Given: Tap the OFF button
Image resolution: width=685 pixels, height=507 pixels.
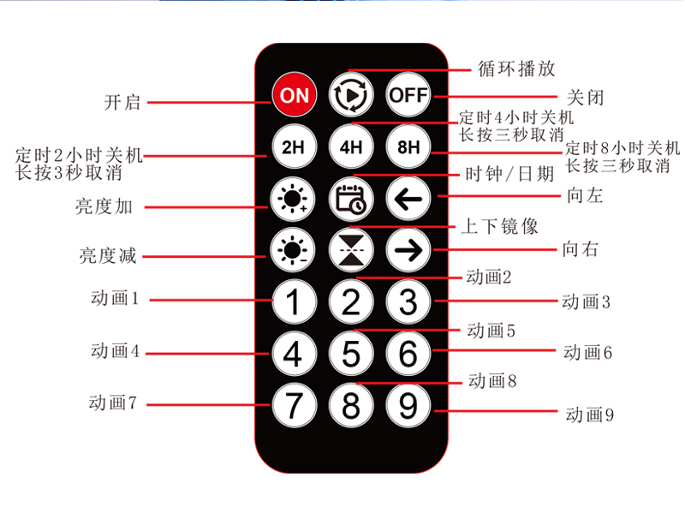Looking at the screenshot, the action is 408,94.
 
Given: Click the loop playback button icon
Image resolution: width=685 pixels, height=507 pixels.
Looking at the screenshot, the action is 351,94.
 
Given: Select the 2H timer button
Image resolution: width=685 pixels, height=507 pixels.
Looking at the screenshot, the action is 294,146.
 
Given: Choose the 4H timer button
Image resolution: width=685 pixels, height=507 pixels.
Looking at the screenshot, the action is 351,146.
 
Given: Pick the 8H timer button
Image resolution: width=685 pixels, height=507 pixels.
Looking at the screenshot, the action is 408,146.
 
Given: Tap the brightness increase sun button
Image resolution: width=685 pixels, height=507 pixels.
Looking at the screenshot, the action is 293,199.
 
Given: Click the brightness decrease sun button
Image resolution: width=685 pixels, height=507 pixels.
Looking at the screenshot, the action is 293,250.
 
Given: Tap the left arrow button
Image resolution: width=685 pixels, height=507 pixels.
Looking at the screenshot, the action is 408,199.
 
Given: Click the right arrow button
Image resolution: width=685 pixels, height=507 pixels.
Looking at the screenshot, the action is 408,250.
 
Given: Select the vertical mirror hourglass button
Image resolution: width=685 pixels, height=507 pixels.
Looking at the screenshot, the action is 351,250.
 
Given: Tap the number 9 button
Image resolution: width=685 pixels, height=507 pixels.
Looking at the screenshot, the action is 408,405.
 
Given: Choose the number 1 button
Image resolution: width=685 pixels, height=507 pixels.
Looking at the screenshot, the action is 294,301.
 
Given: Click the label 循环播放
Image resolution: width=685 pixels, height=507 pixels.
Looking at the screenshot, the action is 516,69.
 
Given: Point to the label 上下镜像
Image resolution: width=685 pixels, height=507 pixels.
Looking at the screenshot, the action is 499,226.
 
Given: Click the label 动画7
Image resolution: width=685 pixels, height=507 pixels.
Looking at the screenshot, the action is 113,403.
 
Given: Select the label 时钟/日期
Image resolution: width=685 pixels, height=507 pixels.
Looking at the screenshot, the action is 509,174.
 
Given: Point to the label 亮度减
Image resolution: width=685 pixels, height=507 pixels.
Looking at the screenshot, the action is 108,256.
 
